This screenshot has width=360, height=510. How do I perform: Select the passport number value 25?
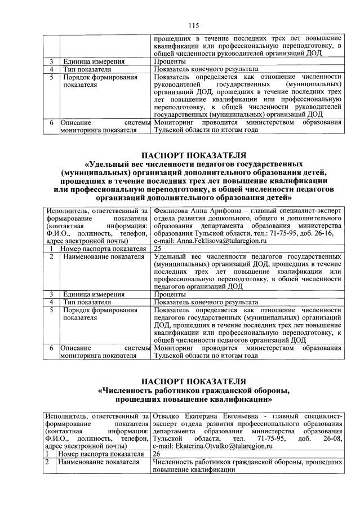pyautogui.click(x=158, y=249)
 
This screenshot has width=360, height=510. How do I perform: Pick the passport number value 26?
pyautogui.click(x=158, y=453)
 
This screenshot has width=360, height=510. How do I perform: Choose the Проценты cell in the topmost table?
pyautogui.click(x=169, y=60)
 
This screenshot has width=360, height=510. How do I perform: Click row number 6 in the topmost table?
pyautogui.click(x=51, y=122)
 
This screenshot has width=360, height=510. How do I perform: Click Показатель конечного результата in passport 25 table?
pyautogui.click(x=206, y=301)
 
